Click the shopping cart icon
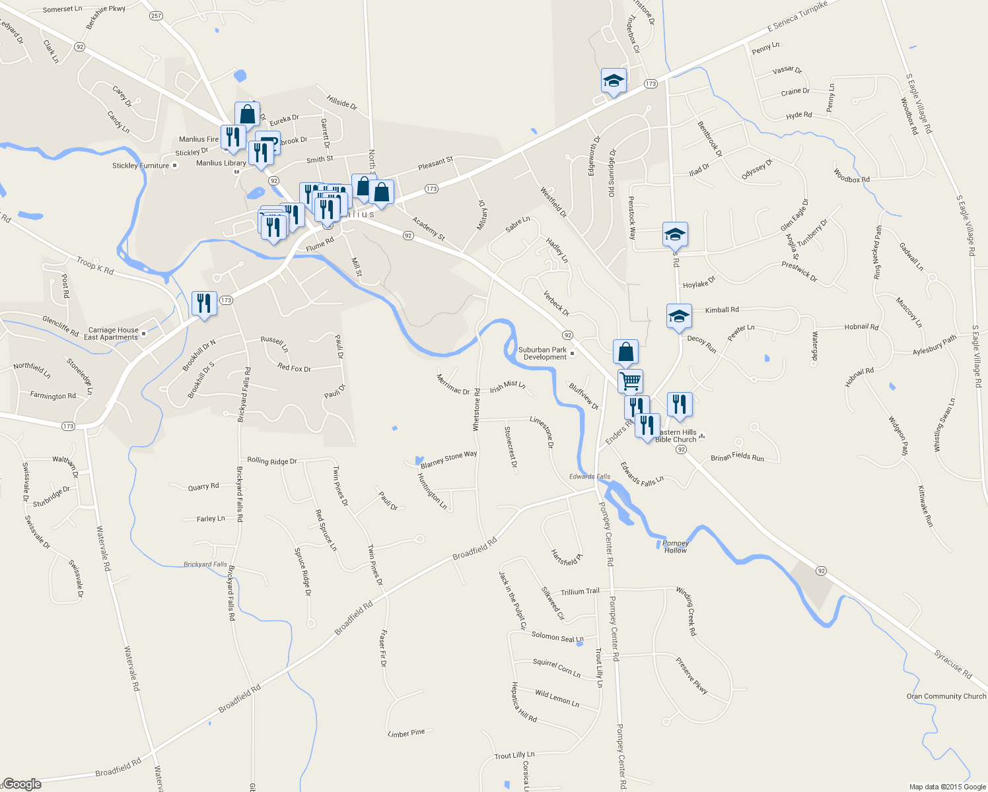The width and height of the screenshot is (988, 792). pos(630,380)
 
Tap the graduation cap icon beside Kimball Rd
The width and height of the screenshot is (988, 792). pos(679,316)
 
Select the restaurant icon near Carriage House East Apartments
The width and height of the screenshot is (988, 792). pos(204,304)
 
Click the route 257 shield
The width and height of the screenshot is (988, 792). pos(156,16)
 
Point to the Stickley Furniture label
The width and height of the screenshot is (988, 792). pos(141,166)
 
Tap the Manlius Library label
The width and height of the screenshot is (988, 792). pos(221,163)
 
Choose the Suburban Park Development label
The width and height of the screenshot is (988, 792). pos(543,354)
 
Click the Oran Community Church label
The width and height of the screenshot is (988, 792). pos(946,696)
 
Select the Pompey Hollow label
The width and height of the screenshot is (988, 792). pos(675,546)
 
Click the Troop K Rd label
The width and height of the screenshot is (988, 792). pos(94,266)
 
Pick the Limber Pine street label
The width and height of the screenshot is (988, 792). pos(406,733)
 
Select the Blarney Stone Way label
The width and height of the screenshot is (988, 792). pos(448,459)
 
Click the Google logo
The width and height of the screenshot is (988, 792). pos(22,784)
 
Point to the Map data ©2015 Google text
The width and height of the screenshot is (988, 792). pos(947,787)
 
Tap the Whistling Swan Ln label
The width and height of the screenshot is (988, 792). pos(944,425)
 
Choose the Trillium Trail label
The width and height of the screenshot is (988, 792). pos(580,591)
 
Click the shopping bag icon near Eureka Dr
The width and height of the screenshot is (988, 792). pos(247,114)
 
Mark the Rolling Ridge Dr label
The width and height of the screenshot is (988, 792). pos(271,461)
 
